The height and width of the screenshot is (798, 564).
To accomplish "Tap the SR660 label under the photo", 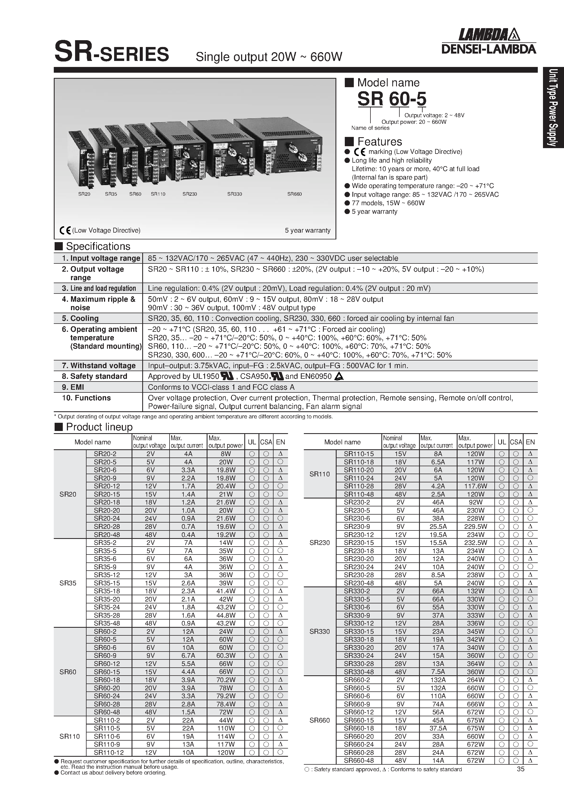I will (x=294, y=194).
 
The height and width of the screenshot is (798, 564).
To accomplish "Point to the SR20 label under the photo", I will (x=84, y=194).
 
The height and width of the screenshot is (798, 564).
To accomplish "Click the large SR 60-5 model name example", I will (x=391, y=99).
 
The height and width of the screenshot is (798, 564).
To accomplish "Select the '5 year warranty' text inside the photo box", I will (x=307, y=230).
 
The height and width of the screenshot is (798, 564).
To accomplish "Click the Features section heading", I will (x=379, y=142).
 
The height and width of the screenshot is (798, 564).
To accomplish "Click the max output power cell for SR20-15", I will (x=225, y=494).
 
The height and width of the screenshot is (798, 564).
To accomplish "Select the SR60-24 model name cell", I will (x=107, y=696).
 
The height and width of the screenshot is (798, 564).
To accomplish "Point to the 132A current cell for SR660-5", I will (x=438, y=688).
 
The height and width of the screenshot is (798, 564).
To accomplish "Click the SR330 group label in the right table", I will (x=319, y=631).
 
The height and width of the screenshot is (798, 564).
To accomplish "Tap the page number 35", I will (x=520, y=769).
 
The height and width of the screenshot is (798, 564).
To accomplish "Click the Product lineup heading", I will (x=99, y=427).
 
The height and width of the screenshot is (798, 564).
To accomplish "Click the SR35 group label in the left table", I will (x=68, y=583).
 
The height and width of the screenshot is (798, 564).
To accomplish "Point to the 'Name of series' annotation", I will (x=370, y=128).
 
